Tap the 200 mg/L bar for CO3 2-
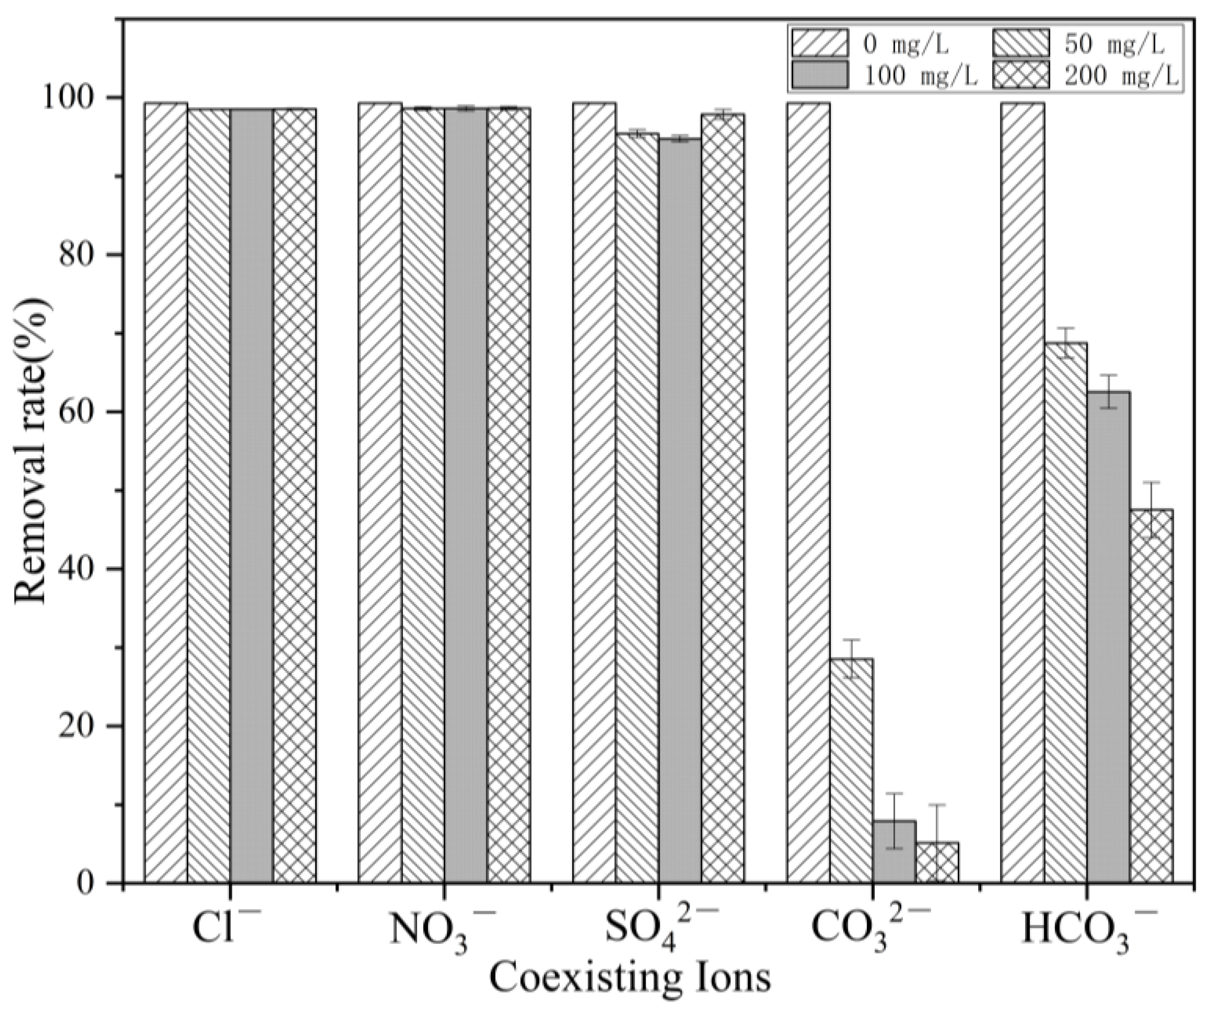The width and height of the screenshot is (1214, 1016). click(937, 862)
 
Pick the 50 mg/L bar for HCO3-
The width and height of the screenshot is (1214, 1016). click(1065, 613)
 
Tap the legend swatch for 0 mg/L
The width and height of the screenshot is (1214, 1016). click(820, 43)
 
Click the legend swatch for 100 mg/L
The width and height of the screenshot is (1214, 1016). click(820, 75)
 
